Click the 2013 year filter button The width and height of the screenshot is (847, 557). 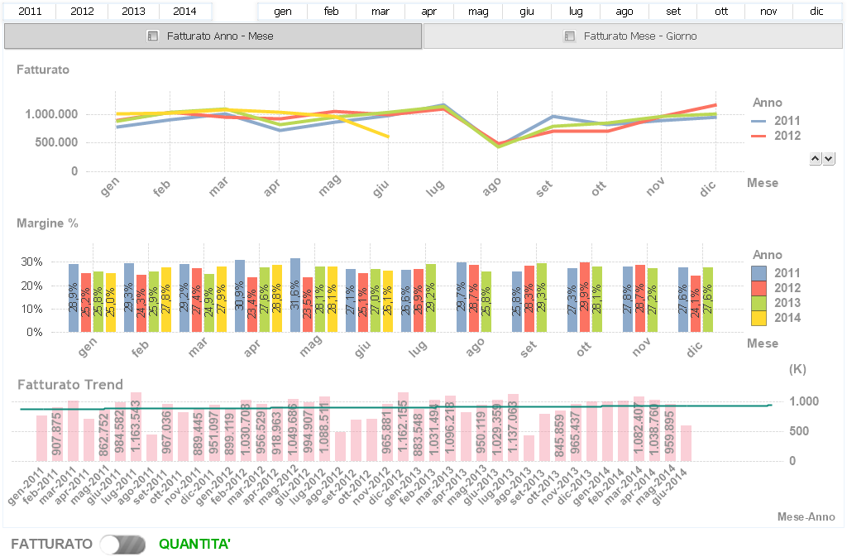click(133, 12)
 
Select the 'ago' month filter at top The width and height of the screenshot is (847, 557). click(624, 12)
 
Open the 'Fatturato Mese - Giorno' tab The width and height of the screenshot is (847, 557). click(634, 36)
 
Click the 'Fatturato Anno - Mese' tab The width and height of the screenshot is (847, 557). click(213, 36)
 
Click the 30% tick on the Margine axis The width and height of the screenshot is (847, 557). click(55, 262)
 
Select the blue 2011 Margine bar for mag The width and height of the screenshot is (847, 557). click(295, 295)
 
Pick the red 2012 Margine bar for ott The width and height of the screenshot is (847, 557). click(585, 297)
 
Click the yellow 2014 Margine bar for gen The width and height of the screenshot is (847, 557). click(111, 302)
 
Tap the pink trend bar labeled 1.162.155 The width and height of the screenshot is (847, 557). click(404, 426)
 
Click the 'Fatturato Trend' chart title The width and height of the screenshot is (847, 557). click(70, 384)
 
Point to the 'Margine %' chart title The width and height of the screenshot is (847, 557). click(48, 223)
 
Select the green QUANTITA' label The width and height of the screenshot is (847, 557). click(194, 544)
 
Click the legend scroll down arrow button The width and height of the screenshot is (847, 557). click(829, 158)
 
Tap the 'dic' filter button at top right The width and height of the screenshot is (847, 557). click(816, 12)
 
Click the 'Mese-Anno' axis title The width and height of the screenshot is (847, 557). click(806, 516)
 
